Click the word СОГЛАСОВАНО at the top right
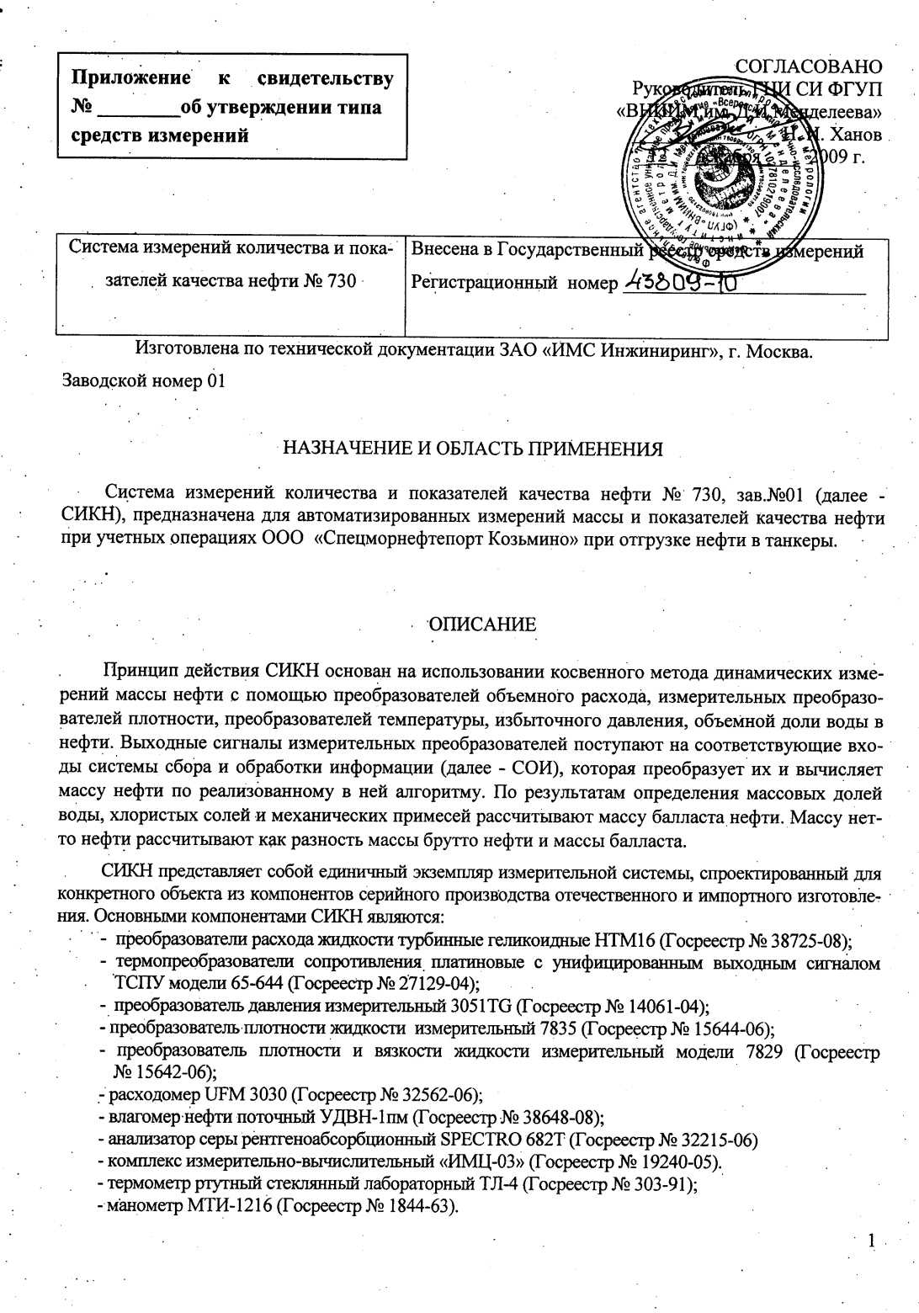tap(809, 66)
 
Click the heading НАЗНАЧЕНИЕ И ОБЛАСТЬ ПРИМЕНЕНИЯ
tap(472, 449)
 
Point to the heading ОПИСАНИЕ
tap(482, 625)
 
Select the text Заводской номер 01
tap(144, 380)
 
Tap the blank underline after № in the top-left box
tap(138, 109)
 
